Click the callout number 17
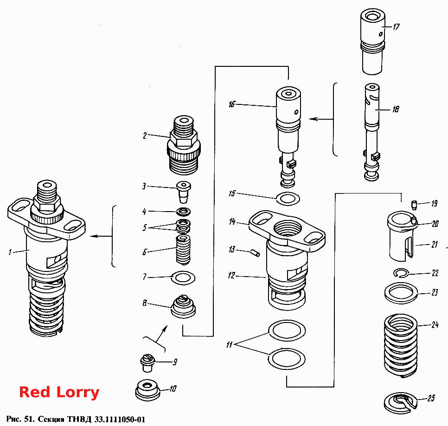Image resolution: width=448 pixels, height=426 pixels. tap(396, 27)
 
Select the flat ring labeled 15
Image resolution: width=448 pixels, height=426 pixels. tap(288, 199)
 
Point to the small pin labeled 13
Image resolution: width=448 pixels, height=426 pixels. tap(256, 253)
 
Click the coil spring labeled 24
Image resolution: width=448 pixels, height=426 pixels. tap(400, 345)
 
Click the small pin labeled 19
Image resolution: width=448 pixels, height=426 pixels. tap(414, 205)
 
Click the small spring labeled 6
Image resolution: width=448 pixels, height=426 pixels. tap(183, 250)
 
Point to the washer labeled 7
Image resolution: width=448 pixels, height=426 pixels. tap(183, 278)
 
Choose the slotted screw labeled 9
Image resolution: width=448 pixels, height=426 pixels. tap(147, 362)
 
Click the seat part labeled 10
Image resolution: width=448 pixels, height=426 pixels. tap(147, 390)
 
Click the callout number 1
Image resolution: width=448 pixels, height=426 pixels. tap(10, 252)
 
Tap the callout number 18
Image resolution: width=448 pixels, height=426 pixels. tap(396, 109)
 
